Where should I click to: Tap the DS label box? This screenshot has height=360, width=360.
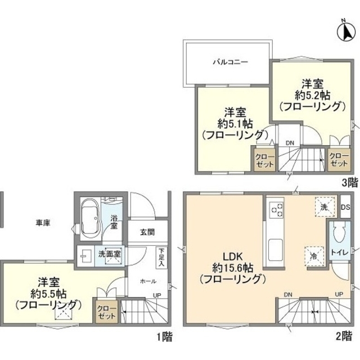345,206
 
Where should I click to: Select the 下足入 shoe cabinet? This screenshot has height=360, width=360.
161,256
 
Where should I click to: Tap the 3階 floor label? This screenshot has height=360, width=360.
349,182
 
